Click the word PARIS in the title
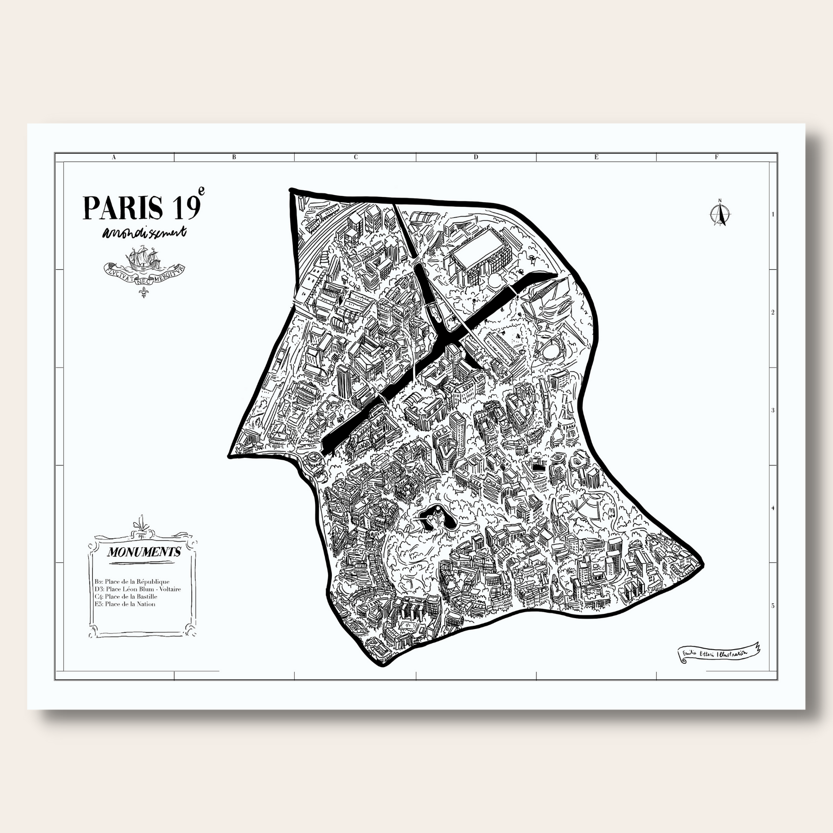(x=123, y=207)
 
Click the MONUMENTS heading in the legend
(x=144, y=552)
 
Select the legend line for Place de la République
(x=132, y=582)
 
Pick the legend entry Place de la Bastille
(x=126, y=597)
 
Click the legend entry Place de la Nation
(x=125, y=604)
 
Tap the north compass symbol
(x=719, y=214)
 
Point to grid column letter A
(x=114, y=157)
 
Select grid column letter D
(x=476, y=157)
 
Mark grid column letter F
(x=716, y=157)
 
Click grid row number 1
(x=773, y=214)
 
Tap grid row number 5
(x=773, y=606)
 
